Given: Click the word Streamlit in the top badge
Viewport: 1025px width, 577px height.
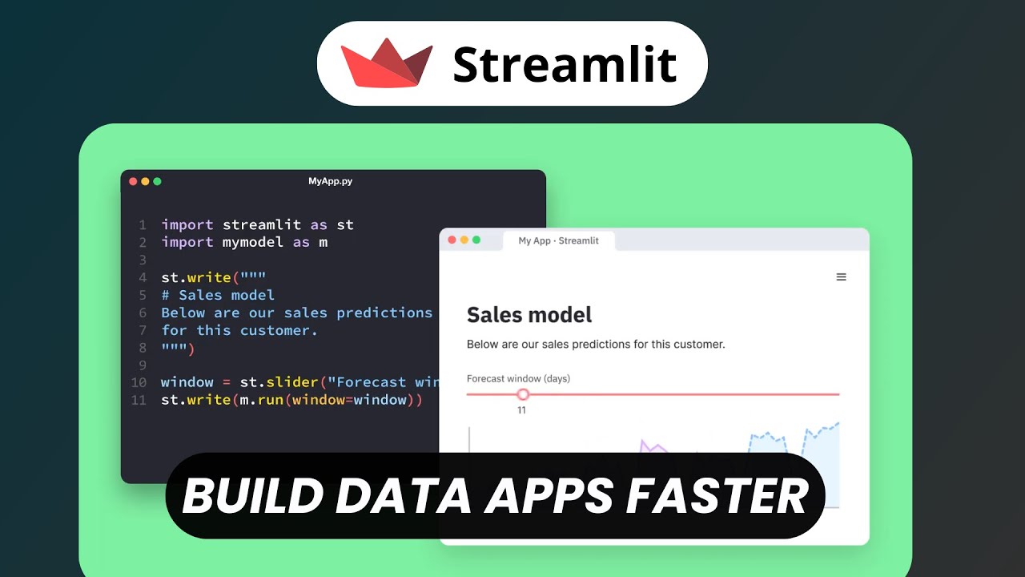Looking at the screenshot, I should click(565, 64).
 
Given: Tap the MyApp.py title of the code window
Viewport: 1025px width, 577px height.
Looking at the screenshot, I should click(330, 181).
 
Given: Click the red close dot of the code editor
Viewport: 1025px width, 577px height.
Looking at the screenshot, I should click(133, 181).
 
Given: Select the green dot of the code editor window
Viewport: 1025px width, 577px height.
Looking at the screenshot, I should click(157, 181).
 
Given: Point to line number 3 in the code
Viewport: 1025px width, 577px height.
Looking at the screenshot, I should click(143, 260).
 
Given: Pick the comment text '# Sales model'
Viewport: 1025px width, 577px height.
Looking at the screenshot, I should click(218, 295).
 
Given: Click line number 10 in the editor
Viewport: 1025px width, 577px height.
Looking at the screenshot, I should click(139, 382).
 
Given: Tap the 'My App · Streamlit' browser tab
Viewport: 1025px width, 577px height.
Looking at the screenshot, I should click(558, 240).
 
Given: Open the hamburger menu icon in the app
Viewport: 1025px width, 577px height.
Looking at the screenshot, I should click(841, 277).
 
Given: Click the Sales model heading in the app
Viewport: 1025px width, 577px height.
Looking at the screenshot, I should click(529, 315).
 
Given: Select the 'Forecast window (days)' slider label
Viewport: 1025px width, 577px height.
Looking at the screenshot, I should click(518, 378).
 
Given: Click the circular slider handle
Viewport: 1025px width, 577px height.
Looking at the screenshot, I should click(523, 394).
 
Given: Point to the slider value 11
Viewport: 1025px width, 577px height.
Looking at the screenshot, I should click(521, 410).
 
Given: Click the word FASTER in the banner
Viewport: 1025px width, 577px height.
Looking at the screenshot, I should click(716, 496).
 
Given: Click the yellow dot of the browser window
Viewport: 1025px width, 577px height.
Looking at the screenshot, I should click(464, 240).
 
